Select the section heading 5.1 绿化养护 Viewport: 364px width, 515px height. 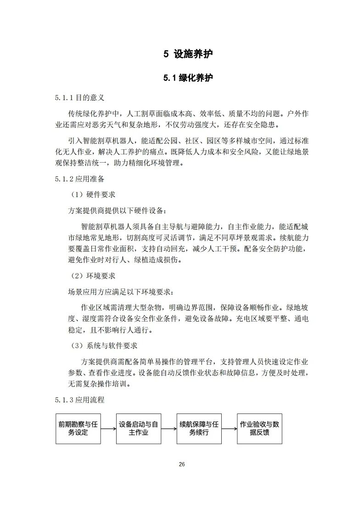coord(188,78)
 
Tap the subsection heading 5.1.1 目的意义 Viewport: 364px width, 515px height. coord(79,98)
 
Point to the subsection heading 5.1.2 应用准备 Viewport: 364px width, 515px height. coord(79,179)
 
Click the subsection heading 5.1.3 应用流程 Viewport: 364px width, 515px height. coord(79,400)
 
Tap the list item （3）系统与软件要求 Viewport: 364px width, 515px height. coord(103,345)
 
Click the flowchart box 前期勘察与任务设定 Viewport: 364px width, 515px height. coord(78,429)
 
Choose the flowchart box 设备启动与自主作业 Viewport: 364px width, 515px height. coord(139,429)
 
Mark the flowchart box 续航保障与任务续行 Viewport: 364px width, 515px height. coord(199,429)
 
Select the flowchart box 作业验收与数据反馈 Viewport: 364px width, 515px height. coord(259,429)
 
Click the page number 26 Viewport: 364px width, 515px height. coord(182,464)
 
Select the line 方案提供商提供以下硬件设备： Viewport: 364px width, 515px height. coord(118,211)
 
